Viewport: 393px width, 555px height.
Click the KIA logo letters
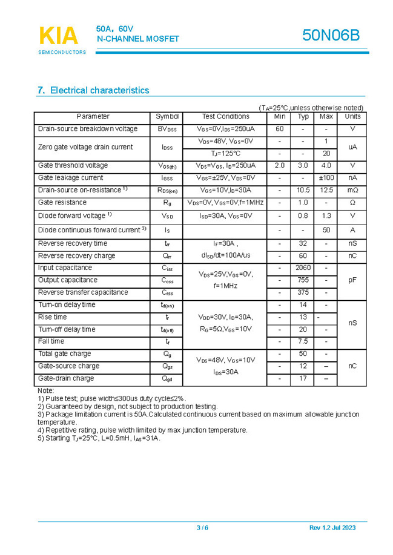(59, 36)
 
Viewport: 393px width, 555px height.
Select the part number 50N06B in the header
(331, 36)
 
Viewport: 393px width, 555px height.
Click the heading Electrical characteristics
(93, 91)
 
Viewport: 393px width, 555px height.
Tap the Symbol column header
(167, 116)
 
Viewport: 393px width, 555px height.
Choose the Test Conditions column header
(225, 116)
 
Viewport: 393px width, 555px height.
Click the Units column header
(352, 116)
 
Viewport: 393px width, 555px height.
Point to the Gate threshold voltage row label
(73, 165)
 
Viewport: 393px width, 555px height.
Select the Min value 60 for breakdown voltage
(279, 129)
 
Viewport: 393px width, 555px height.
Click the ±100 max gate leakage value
(326, 178)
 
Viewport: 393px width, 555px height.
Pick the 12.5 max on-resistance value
(326, 190)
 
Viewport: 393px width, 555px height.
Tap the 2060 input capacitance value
(303, 268)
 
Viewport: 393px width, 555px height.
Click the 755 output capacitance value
(303, 280)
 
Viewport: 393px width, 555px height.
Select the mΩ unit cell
(352, 190)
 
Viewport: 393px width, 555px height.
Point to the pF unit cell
(352, 280)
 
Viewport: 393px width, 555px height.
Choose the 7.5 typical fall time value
(303, 341)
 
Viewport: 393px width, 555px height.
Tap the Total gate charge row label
(65, 353)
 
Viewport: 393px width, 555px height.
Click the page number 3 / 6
(202, 528)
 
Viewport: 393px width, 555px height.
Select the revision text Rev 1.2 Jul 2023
(332, 528)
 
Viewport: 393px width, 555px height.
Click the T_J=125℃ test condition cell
(225, 154)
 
